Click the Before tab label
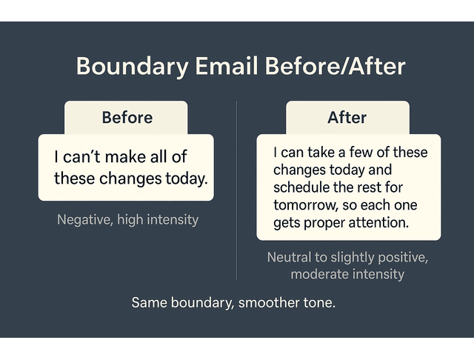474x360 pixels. click(x=127, y=117)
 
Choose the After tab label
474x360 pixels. click(x=347, y=117)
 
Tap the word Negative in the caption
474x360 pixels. click(x=84, y=219)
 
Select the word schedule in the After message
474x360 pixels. click(x=302, y=187)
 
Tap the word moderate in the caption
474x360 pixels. click(x=319, y=274)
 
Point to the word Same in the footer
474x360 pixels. click(x=148, y=303)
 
